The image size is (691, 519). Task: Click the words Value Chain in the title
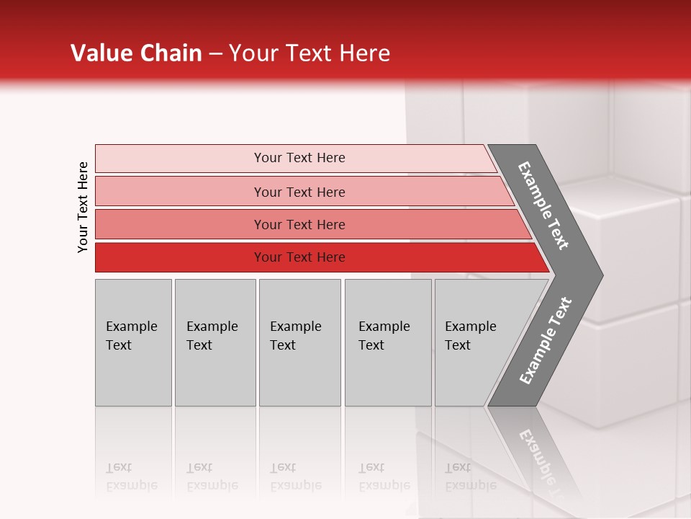pyautogui.click(x=136, y=53)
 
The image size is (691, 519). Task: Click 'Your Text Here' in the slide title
pyautogui.click(x=309, y=53)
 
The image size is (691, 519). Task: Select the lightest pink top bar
pyautogui.click(x=180, y=158)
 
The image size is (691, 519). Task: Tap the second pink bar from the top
pyautogui.click(x=180, y=192)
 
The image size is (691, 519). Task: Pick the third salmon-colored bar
pyautogui.click(x=180, y=224)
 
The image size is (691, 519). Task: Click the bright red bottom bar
pyautogui.click(x=180, y=257)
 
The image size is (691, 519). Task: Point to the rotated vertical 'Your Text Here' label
pyautogui.click(x=83, y=207)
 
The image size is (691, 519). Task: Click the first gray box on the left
pyautogui.click(x=133, y=375)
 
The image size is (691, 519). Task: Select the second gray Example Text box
pyautogui.click(x=214, y=375)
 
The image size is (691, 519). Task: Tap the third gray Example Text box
pyautogui.click(x=299, y=375)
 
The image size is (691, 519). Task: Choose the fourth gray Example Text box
pyautogui.click(x=387, y=375)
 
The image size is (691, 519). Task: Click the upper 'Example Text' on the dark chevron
pyautogui.click(x=543, y=205)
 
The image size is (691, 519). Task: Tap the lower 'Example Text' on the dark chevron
pyautogui.click(x=545, y=341)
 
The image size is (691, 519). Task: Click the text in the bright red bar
pyautogui.click(x=299, y=257)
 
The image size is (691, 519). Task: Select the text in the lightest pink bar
pyautogui.click(x=299, y=158)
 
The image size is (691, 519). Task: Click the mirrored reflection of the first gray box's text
pyautogui.click(x=131, y=476)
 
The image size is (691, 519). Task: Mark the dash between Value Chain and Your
pyautogui.click(x=215, y=54)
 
